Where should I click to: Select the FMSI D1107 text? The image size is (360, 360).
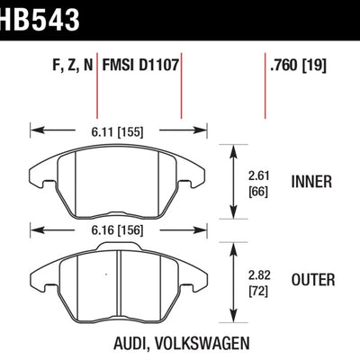tap(140, 64)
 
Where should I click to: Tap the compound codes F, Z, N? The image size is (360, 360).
tap(69, 64)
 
